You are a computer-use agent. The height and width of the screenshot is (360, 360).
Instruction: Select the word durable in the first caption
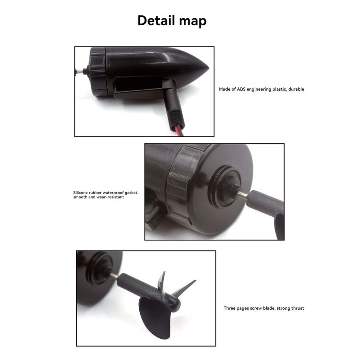296,89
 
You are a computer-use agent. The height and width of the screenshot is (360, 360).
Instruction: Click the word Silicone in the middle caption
81,193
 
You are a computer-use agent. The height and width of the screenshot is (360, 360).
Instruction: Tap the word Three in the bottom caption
229,308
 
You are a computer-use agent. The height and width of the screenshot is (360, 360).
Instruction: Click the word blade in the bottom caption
266,308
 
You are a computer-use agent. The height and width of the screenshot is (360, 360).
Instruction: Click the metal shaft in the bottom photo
114,276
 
